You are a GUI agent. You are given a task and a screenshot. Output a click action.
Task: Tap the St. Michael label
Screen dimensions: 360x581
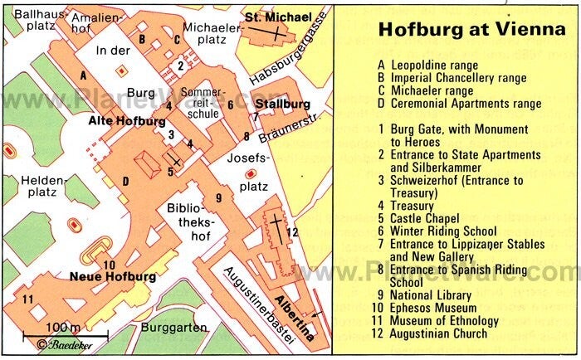277,17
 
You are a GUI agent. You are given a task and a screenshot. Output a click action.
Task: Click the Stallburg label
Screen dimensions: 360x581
283,105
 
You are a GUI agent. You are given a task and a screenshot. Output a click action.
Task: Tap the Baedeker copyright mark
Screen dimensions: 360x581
65,343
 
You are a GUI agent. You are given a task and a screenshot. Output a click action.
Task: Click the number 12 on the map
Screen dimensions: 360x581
291,231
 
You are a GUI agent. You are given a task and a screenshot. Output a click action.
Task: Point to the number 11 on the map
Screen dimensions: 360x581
27,299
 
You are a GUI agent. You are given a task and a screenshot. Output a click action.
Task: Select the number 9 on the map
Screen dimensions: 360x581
218,197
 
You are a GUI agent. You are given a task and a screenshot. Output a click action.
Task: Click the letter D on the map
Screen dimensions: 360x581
125,182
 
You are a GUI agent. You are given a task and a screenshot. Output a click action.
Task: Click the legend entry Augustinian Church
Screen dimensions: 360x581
442,334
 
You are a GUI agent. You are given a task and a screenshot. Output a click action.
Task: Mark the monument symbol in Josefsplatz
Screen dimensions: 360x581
251,173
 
